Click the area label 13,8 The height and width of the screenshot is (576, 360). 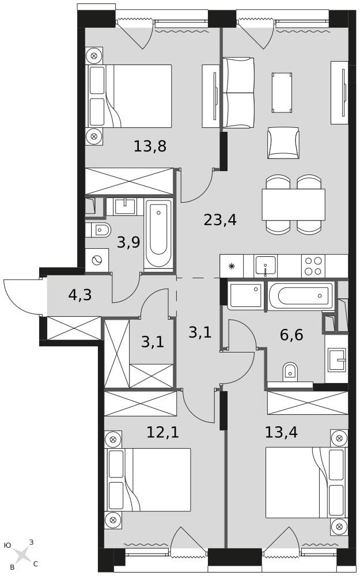[x=150, y=146]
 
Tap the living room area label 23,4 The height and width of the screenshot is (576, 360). [x=220, y=219]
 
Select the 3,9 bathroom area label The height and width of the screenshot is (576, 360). [x=128, y=242]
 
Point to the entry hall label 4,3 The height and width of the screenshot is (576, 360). [x=79, y=295]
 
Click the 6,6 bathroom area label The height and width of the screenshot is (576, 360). [x=291, y=335]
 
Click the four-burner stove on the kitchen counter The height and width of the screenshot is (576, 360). [x=314, y=266]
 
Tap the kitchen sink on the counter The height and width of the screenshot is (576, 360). [x=266, y=266]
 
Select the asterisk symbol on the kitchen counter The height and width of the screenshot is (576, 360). [x=232, y=266]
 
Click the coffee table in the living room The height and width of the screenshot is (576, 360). [x=282, y=93]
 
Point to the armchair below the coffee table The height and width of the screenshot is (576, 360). [x=283, y=143]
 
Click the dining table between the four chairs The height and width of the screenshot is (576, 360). [x=293, y=204]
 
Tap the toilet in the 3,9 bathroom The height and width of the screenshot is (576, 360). [x=99, y=230]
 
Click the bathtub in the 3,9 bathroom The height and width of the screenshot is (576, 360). [x=158, y=234]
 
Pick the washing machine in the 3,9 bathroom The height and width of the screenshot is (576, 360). [x=97, y=260]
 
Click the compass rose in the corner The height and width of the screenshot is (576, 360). [x=22, y=555]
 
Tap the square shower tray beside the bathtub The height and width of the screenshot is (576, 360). [x=245, y=295]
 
